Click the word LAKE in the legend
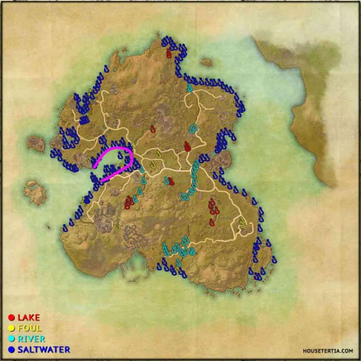click(x=29, y=318)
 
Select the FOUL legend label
click(x=30, y=328)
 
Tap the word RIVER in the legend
click(x=31, y=339)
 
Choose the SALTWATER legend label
click(x=43, y=350)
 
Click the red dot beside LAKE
click(x=11, y=318)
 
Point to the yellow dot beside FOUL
click(x=11, y=328)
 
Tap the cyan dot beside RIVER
click(x=11, y=339)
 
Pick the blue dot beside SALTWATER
click(x=11, y=350)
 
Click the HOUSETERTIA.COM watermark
click(x=328, y=350)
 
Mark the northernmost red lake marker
click(x=169, y=53)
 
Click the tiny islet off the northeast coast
click(x=206, y=62)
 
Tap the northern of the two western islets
click(x=37, y=143)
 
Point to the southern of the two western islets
click(x=36, y=191)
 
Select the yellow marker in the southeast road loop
click(x=242, y=223)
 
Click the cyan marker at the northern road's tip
click(x=190, y=88)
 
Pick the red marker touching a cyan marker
click(x=171, y=182)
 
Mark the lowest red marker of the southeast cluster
click(x=211, y=222)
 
